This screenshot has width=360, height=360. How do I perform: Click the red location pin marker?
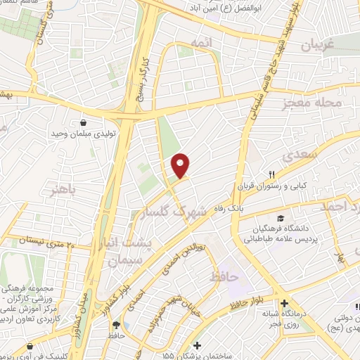point(181,166)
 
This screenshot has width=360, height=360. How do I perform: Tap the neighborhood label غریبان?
point(321,46)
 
